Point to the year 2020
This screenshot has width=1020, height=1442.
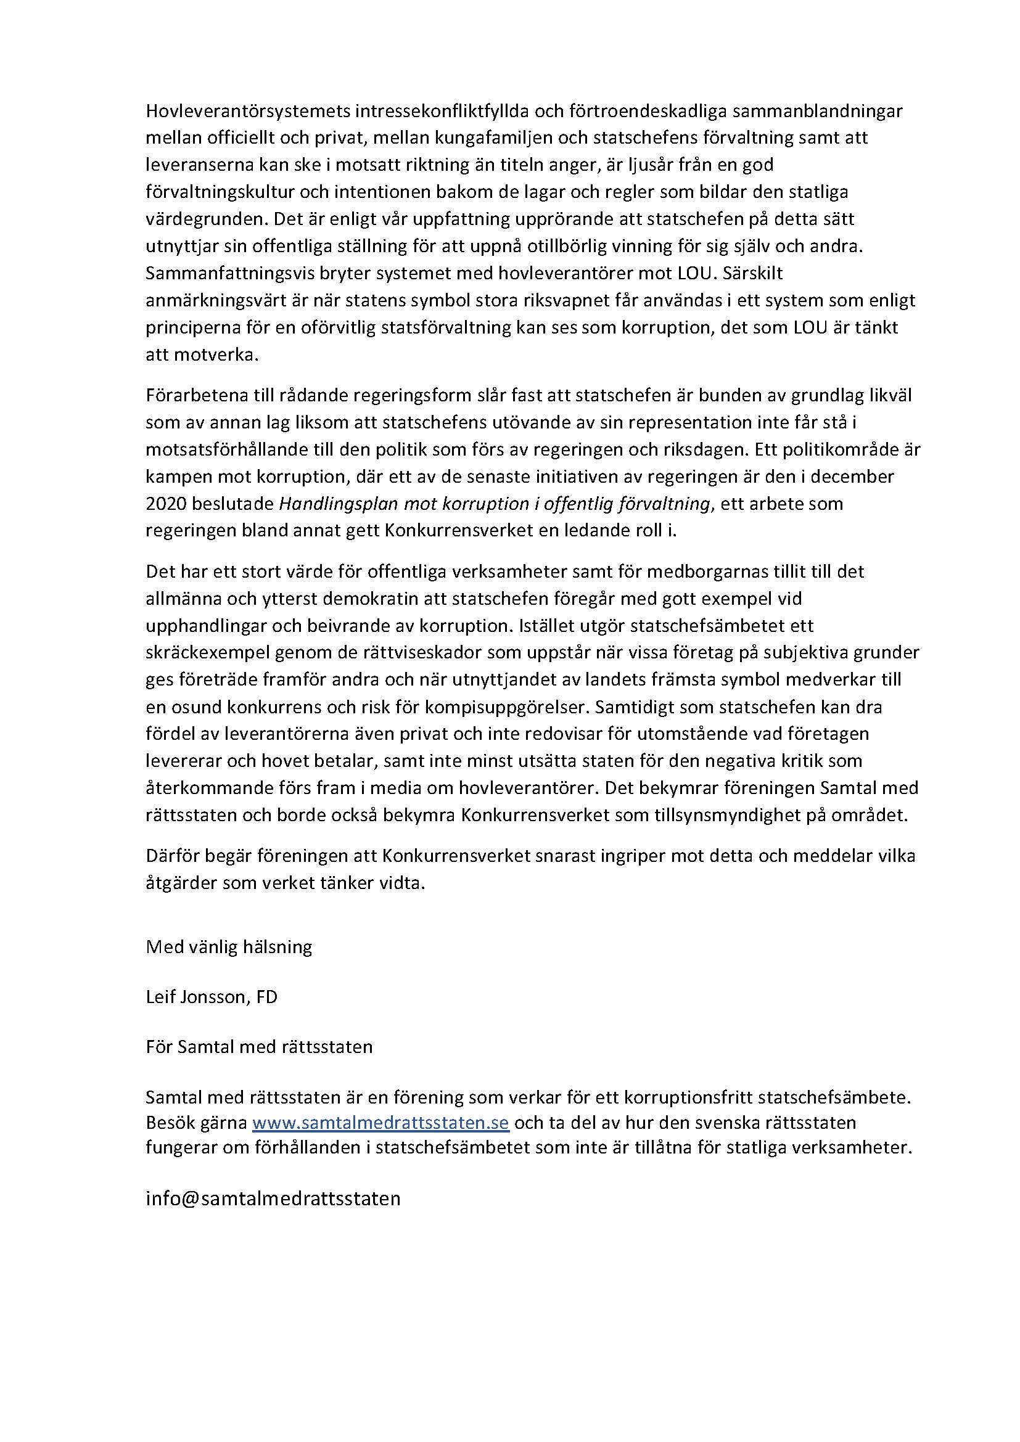click(166, 504)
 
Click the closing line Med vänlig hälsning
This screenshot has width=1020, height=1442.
click(229, 947)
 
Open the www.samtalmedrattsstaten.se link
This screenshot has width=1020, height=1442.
click(380, 1122)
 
